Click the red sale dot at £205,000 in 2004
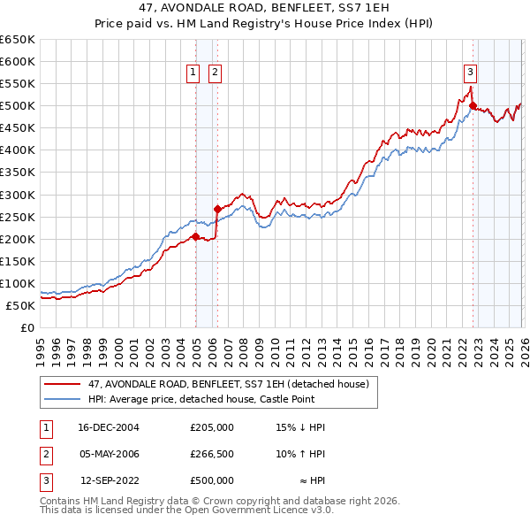195,236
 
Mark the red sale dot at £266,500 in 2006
217,210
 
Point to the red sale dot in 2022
473,106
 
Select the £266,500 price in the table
212,454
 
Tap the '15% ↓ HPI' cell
300,427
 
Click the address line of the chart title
265,8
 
